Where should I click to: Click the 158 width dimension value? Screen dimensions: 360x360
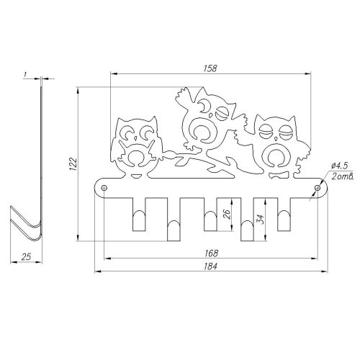point(210,68)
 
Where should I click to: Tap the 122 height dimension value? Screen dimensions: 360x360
point(73,164)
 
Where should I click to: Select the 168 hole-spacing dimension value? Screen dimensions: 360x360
point(212,253)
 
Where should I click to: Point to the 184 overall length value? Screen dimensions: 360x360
point(211,266)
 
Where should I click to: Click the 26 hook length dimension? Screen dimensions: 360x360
point(227,214)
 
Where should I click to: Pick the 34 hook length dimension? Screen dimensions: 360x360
point(261,219)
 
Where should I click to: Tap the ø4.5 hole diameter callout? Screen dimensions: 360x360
point(339,166)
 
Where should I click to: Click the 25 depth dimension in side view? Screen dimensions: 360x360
point(26,256)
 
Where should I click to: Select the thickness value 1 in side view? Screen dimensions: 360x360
point(25,75)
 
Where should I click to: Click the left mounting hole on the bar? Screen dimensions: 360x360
point(104,188)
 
